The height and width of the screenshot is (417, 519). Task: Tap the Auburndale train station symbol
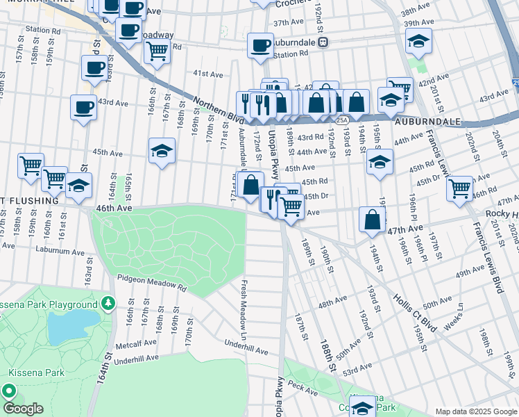tap(323, 42)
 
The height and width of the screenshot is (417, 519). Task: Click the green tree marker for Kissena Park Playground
tap(108, 304)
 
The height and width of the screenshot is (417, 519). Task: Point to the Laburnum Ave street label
tap(65, 253)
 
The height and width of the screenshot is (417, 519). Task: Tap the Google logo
tap(23, 408)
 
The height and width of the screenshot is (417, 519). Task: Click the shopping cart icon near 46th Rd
tap(459, 188)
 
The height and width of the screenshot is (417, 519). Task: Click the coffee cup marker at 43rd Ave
tap(83, 108)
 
